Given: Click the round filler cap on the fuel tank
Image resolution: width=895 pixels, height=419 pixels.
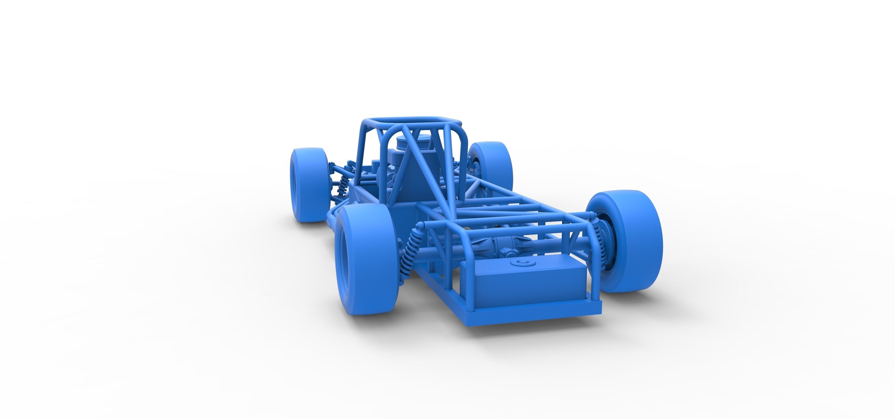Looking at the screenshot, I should (521, 262).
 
